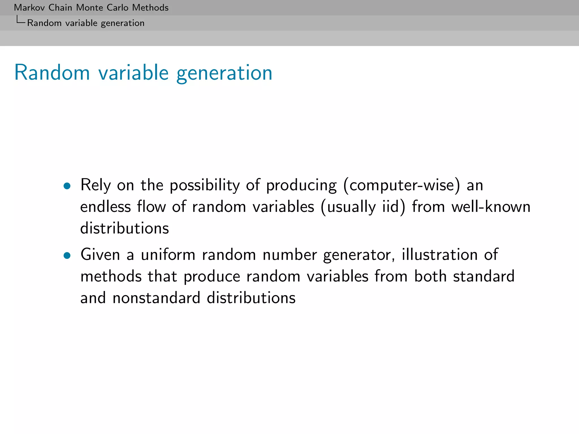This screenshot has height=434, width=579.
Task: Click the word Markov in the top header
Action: click(30, 8)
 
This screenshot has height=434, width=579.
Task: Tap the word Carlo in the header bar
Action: click(117, 8)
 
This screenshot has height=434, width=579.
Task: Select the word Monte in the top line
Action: click(90, 8)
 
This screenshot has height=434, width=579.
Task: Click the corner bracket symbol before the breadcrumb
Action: click(20, 20)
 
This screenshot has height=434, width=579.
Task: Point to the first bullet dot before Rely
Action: click(67, 186)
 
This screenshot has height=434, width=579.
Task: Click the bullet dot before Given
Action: click(67, 256)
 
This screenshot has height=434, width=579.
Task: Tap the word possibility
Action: click(204, 186)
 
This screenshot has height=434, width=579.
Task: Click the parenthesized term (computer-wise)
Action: click(401, 186)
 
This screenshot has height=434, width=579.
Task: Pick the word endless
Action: click(105, 207)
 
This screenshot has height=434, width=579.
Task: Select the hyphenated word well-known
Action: click(491, 207)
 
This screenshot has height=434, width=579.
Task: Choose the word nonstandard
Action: click(156, 298)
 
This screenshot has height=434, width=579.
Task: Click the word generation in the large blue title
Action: click(224, 73)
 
